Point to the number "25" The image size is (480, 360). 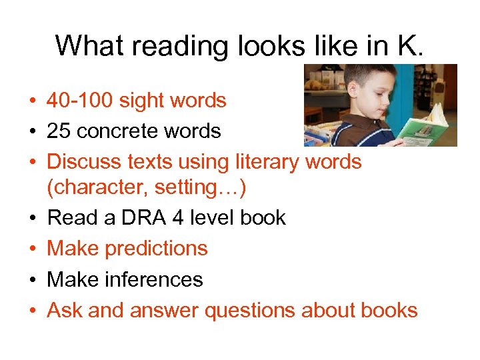click(59, 131)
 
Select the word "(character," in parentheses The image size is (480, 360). click(97, 188)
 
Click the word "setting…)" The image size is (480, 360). click(201, 188)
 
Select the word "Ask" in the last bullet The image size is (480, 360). click(65, 310)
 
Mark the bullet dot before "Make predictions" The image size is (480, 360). click(32, 249)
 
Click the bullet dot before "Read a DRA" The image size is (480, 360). click(32, 219)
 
